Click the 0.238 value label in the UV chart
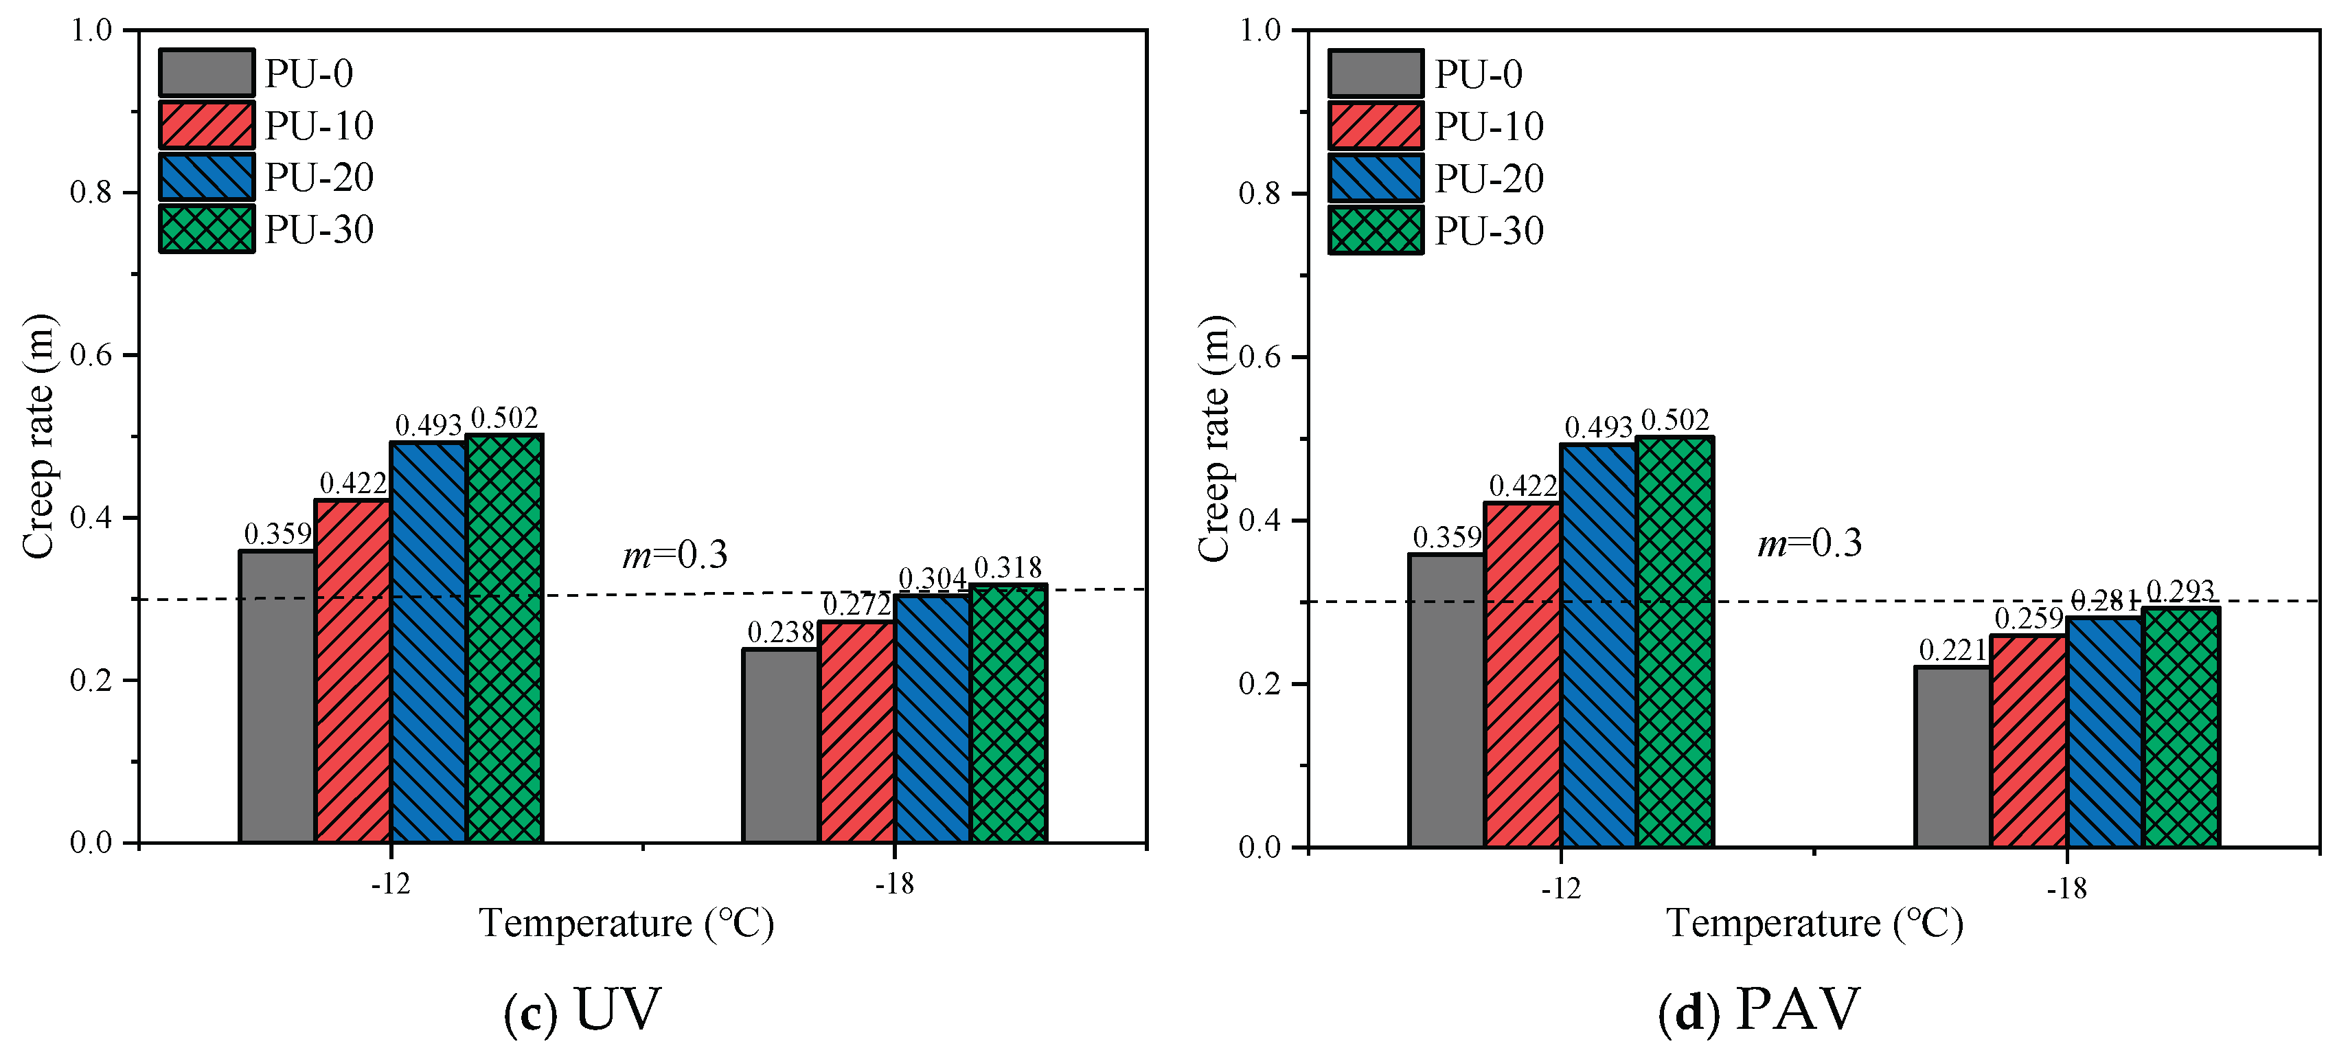click(x=780, y=633)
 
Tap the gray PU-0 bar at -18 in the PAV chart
click(x=1952, y=758)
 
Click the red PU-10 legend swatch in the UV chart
click(x=207, y=125)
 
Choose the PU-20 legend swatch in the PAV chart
click(x=1376, y=178)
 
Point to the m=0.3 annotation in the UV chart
click(x=675, y=554)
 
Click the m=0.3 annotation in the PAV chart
click(x=1809, y=543)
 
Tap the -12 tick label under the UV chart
click(x=391, y=884)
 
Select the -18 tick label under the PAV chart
click(x=2066, y=888)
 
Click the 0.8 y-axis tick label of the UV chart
click(x=91, y=192)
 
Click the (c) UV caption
click(x=582, y=1009)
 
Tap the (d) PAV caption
click(x=1758, y=1009)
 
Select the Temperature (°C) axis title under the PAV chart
click(x=1814, y=924)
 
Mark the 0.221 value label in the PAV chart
click(x=1952, y=650)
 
